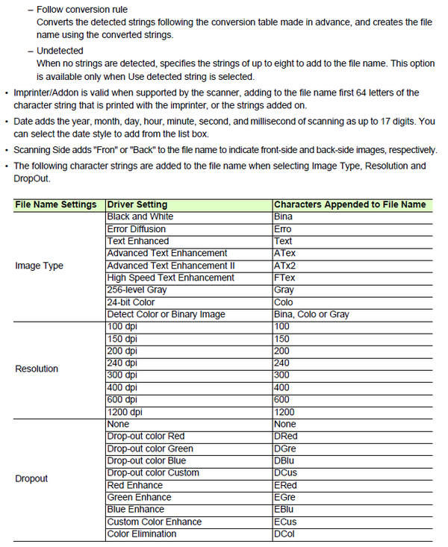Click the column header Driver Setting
(x=137, y=204)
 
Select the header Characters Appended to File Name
(x=349, y=204)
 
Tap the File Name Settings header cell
(x=56, y=204)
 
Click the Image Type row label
(x=39, y=266)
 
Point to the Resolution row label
(x=37, y=369)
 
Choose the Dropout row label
(x=31, y=478)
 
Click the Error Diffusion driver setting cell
(x=138, y=229)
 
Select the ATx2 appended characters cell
(x=284, y=266)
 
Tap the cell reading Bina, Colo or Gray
(x=311, y=314)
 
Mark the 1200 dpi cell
(x=125, y=411)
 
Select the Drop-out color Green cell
(x=150, y=448)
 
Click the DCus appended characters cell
(x=286, y=472)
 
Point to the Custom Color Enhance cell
(x=153, y=522)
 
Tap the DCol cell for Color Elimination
(x=284, y=534)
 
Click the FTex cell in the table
(x=284, y=278)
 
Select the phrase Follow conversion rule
(x=81, y=10)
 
